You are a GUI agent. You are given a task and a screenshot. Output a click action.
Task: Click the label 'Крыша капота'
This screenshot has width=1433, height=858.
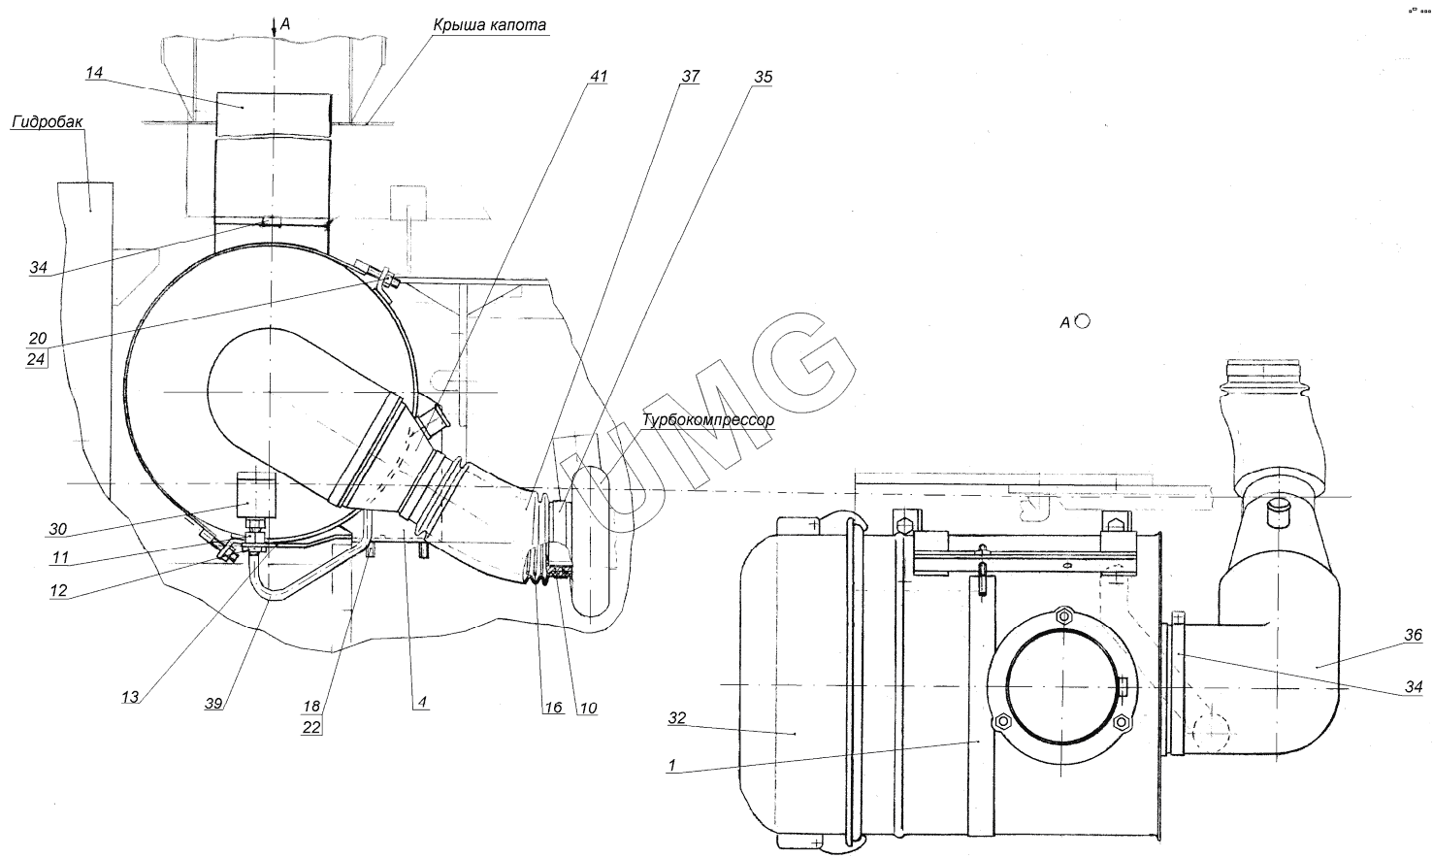tap(492, 24)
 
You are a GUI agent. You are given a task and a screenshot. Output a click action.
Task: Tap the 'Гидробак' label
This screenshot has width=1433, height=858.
tap(49, 121)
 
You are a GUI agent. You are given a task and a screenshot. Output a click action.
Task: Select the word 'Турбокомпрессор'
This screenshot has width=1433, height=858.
tap(707, 420)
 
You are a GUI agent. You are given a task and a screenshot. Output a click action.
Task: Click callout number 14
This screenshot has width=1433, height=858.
tap(94, 73)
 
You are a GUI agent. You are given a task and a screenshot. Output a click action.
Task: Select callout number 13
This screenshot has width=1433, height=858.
tap(130, 696)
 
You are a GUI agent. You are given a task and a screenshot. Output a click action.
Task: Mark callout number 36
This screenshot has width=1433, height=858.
tap(1413, 636)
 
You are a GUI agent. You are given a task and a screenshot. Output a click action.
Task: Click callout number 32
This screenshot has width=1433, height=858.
tap(676, 719)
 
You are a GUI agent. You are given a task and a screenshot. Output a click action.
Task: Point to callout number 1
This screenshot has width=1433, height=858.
tap(670, 764)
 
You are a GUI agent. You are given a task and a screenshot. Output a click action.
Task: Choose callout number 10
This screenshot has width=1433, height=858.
tap(588, 709)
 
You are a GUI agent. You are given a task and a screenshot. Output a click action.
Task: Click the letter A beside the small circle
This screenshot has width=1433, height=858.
tap(1064, 323)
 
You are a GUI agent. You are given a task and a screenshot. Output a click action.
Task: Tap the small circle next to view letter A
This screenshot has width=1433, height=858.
tap(1083, 321)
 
